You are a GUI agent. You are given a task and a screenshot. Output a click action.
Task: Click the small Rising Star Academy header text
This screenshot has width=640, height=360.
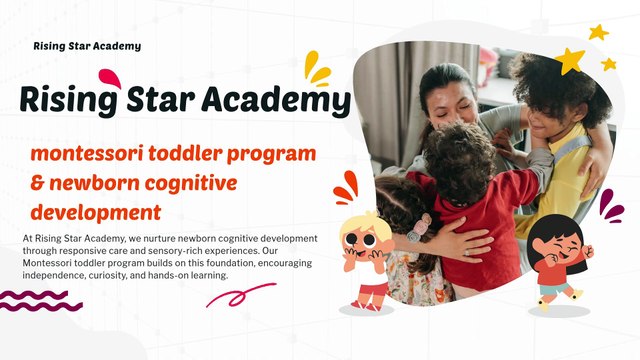point(87,46)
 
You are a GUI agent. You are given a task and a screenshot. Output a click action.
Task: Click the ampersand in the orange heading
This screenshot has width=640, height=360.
point(38,184)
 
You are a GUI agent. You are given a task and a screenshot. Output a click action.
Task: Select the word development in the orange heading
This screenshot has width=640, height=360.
point(96,212)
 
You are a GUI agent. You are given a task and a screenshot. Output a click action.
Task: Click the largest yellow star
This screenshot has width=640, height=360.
point(571,61)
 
